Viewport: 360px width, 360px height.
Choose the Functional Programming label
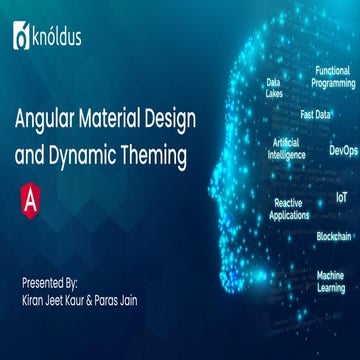333,77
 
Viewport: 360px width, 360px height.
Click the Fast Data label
316,114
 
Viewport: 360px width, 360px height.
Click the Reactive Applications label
290,208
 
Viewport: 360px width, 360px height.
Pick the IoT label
341,198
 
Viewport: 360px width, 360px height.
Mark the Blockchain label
334,236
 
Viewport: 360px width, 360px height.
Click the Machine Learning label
331,281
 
